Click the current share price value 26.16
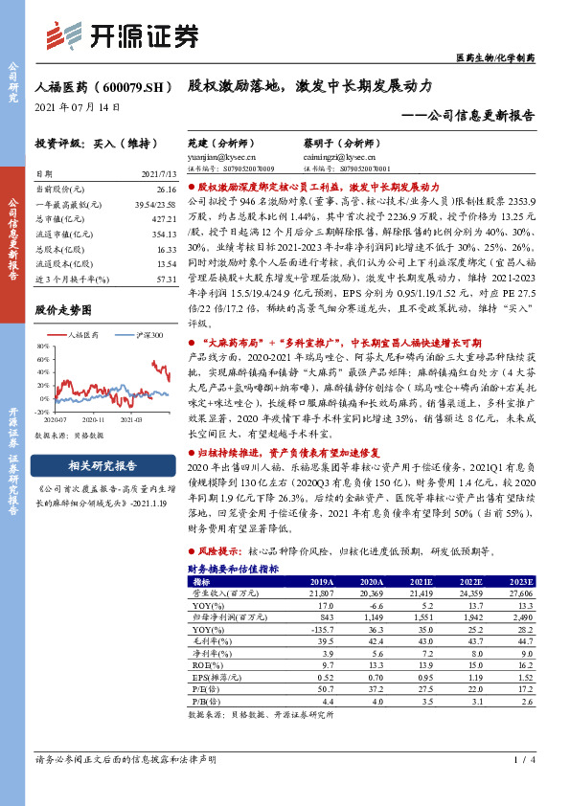[x=166, y=190]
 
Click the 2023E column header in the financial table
[x=520, y=581]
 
